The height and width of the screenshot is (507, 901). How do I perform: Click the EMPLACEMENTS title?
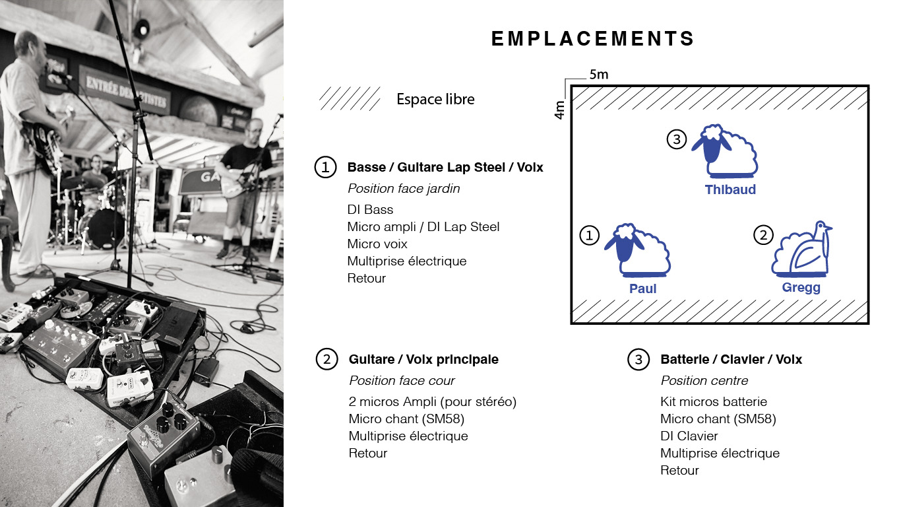pyautogui.click(x=592, y=39)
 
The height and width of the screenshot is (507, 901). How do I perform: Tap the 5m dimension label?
pyautogui.click(x=599, y=75)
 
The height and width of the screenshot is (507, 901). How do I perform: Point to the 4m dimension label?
pyautogui.click(x=559, y=110)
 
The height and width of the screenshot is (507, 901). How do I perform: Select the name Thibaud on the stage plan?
pyautogui.click(x=730, y=189)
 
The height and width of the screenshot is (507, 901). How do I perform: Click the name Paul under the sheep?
pyautogui.click(x=642, y=288)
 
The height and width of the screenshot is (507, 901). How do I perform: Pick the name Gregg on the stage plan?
pyautogui.click(x=801, y=288)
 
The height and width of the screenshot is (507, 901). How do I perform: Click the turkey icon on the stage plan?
pyautogui.click(x=801, y=249)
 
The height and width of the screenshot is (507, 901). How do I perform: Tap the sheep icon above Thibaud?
pyautogui.click(x=725, y=151)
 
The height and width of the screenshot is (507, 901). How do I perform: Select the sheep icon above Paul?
pyautogui.click(x=638, y=250)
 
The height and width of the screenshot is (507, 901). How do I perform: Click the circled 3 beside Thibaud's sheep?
pyautogui.click(x=677, y=139)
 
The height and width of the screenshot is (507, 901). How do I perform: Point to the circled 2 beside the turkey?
pyautogui.click(x=763, y=235)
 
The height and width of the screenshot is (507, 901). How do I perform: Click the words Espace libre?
pyautogui.click(x=435, y=99)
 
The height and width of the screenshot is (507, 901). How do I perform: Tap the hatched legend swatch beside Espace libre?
pyautogui.click(x=350, y=98)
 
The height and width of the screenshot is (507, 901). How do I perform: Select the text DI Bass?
pyautogui.click(x=370, y=209)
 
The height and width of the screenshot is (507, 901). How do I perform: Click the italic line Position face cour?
pyautogui.click(x=402, y=380)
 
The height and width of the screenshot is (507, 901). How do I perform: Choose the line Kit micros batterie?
pyautogui.click(x=714, y=401)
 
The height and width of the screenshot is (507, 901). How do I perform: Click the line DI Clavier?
pyautogui.click(x=689, y=436)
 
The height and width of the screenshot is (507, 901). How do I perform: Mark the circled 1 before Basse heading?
pyautogui.click(x=325, y=167)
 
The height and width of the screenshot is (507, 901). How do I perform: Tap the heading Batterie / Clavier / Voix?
pyautogui.click(x=731, y=359)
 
